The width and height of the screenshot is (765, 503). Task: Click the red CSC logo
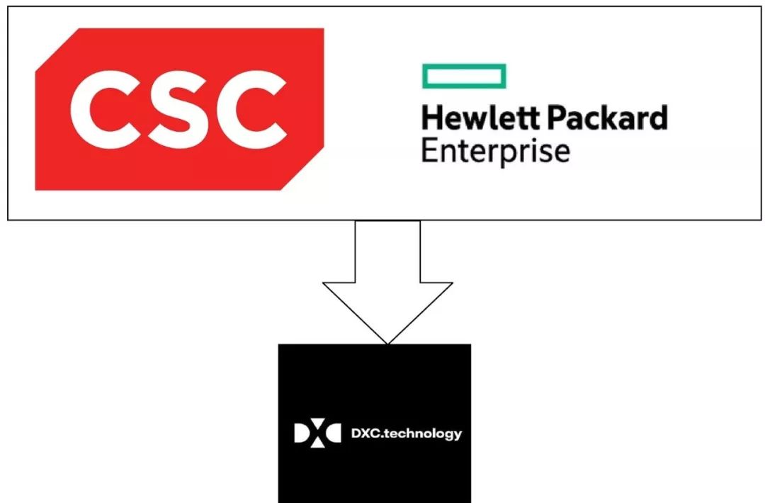[x=179, y=110]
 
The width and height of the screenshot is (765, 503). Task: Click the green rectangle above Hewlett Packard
[x=464, y=77]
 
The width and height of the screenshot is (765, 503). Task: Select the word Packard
[x=608, y=118]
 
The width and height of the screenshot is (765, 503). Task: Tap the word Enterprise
[x=495, y=151]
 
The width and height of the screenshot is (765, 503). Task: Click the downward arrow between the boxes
[x=387, y=283]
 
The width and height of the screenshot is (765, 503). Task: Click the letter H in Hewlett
[x=430, y=118]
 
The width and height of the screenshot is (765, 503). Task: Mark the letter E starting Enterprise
[x=429, y=151]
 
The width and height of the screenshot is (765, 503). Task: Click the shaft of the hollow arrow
[x=387, y=252]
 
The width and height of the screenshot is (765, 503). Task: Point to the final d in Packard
[x=658, y=118]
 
